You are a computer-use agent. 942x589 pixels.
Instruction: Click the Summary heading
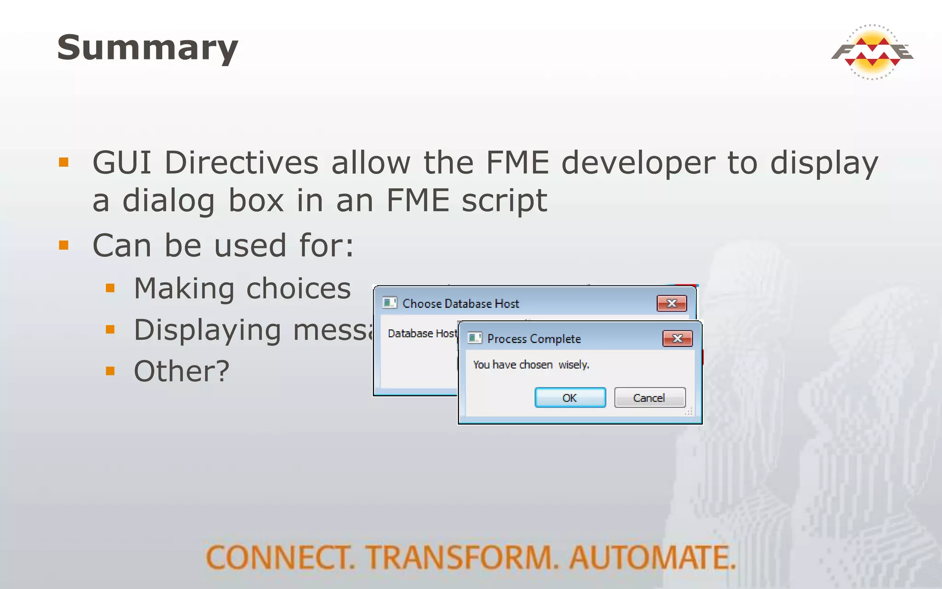pyautogui.click(x=147, y=48)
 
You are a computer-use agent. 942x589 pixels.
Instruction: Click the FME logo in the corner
pyautogui.click(x=872, y=52)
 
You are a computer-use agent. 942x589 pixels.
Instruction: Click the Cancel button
pyautogui.click(x=649, y=398)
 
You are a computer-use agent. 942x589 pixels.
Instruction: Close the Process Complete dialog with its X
pyautogui.click(x=677, y=339)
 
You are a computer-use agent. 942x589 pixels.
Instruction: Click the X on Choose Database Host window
pyautogui.click(x=672, y=303)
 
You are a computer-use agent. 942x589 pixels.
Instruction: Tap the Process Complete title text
pyautogui.click(x=534, y=339)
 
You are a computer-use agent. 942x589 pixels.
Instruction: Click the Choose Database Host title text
pyautogui.click(x=460, y=304)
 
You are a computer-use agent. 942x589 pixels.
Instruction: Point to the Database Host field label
pyautogui.click(x=422, y=334)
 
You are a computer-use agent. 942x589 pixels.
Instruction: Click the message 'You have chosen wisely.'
pyautogui.click(x=531, y=365)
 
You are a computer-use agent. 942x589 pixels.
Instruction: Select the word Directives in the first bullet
pyautogui.click(x=241, y=163)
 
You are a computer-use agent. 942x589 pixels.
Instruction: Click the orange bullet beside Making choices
pyautogui.click(x=110, y=289)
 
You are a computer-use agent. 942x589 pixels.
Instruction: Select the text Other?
pyautogui.click(x=181, y=371)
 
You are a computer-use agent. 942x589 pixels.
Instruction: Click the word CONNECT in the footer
pyautogui.click(x=279, y=557)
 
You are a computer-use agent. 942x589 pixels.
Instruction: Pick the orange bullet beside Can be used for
pyautogui.click(x=63, y=245)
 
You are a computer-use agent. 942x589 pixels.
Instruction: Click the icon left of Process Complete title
pyautogui.click(x=474, y=338)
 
